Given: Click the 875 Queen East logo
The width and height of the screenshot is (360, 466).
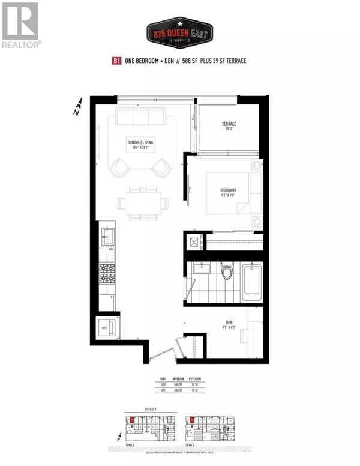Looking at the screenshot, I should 180,31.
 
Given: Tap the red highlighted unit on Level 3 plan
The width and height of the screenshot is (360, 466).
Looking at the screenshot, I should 133,420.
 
